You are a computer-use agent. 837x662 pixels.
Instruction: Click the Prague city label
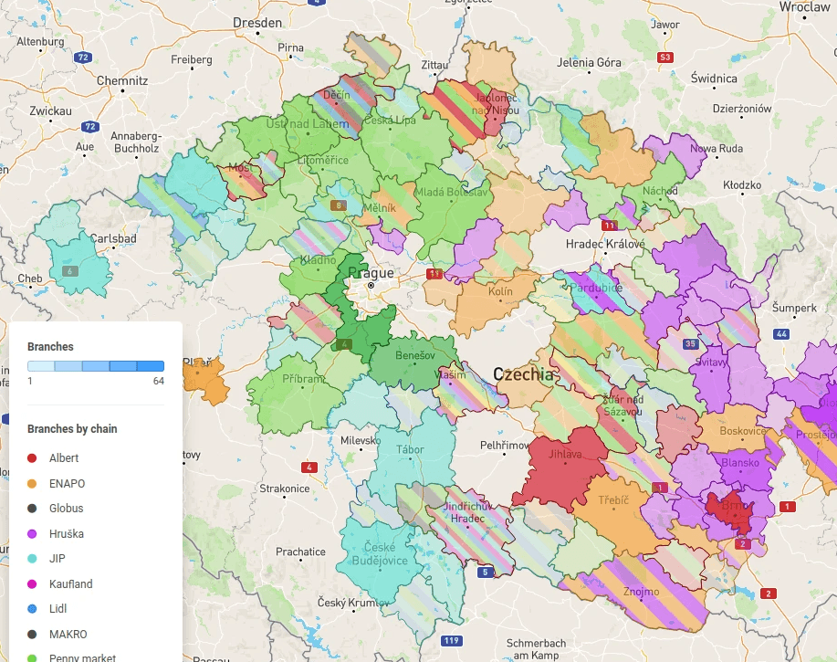coord(371,273)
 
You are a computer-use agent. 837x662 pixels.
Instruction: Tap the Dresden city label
coord(257,22)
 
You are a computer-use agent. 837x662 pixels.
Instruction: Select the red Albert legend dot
coord(32,458)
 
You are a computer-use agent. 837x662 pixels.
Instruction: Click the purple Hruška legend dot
coord(32,533)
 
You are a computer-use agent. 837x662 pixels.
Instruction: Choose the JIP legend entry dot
coord(32,559)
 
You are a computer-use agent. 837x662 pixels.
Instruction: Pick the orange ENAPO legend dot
coord(32,483)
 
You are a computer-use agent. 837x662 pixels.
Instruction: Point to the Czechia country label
coord(523,374)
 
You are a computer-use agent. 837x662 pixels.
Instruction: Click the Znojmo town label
coord(641,592)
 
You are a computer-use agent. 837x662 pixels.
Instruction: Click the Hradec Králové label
coord(605,244)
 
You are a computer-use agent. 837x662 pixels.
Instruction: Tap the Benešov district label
coord(415,355)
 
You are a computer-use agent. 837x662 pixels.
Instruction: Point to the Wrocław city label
coord(804,6)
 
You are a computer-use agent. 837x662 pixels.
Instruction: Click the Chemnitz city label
coord(122,80)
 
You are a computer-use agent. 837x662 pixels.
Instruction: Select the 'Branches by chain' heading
coord(72,429)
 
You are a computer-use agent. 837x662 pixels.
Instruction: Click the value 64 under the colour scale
coord(158,381)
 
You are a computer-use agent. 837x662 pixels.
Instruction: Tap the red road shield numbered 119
coord(450,640)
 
